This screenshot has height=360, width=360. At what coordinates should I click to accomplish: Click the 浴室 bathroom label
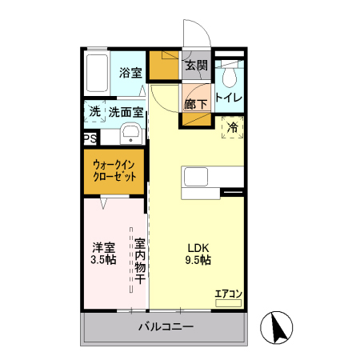(130, 73)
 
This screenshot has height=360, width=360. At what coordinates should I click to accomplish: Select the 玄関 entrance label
(197, 66)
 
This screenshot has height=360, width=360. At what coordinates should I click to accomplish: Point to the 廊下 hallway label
(196, 103)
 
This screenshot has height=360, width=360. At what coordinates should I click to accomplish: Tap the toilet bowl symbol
(230, 76)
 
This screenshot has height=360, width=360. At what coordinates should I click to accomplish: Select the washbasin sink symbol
(131, 134)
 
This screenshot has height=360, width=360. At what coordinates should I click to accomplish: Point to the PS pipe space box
(90, 138)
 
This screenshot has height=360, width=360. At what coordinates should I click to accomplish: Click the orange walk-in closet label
(114, 170)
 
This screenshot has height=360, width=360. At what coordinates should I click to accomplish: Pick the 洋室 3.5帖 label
(103, 254)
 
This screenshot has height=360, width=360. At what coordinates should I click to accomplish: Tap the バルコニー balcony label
(166, 326)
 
